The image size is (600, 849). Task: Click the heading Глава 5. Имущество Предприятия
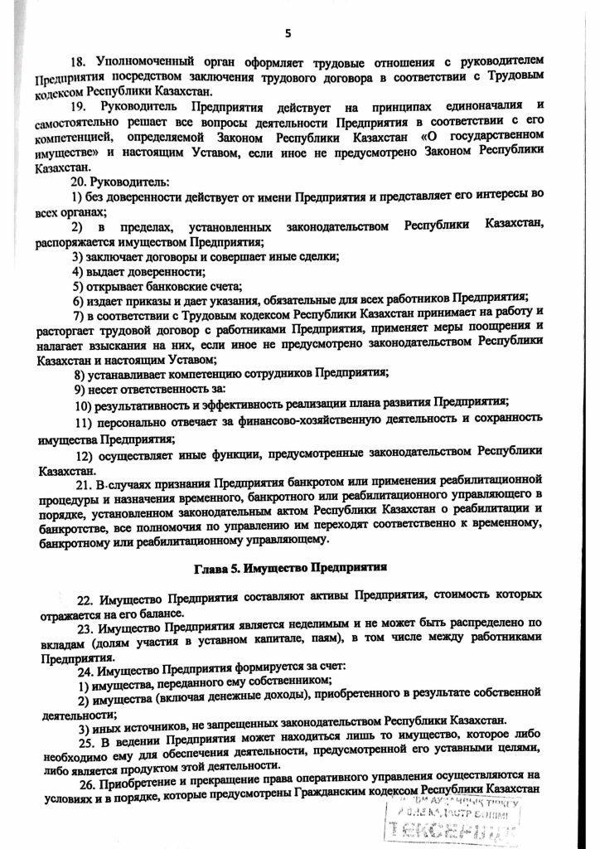point(300,570)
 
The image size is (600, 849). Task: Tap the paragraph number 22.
point(85,599)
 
